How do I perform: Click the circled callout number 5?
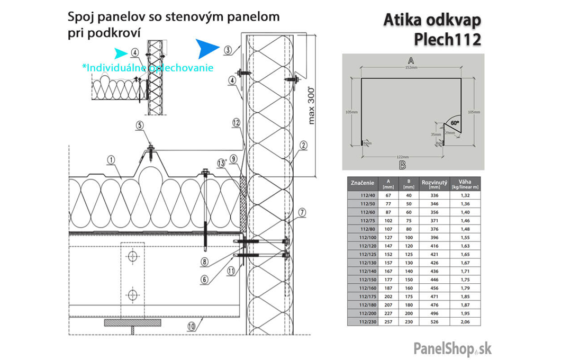tap(139, 125)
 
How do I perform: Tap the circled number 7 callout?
tap(302, 213)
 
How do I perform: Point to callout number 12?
tap(236, 122)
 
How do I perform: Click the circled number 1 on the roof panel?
tap(111, 158)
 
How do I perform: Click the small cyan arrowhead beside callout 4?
tap(121, 52)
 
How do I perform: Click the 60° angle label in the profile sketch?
tap(455, 122)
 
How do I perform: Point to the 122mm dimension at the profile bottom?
tap(402, 157)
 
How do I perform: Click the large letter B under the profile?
tap(402, 166)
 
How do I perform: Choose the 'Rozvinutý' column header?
tap(434, 183)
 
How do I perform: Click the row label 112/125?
tap(366, 254)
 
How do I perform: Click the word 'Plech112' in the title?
tap(448, 40)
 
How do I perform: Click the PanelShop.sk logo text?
tap(453, 348)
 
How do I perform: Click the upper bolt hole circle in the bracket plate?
tap(132, 257)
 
